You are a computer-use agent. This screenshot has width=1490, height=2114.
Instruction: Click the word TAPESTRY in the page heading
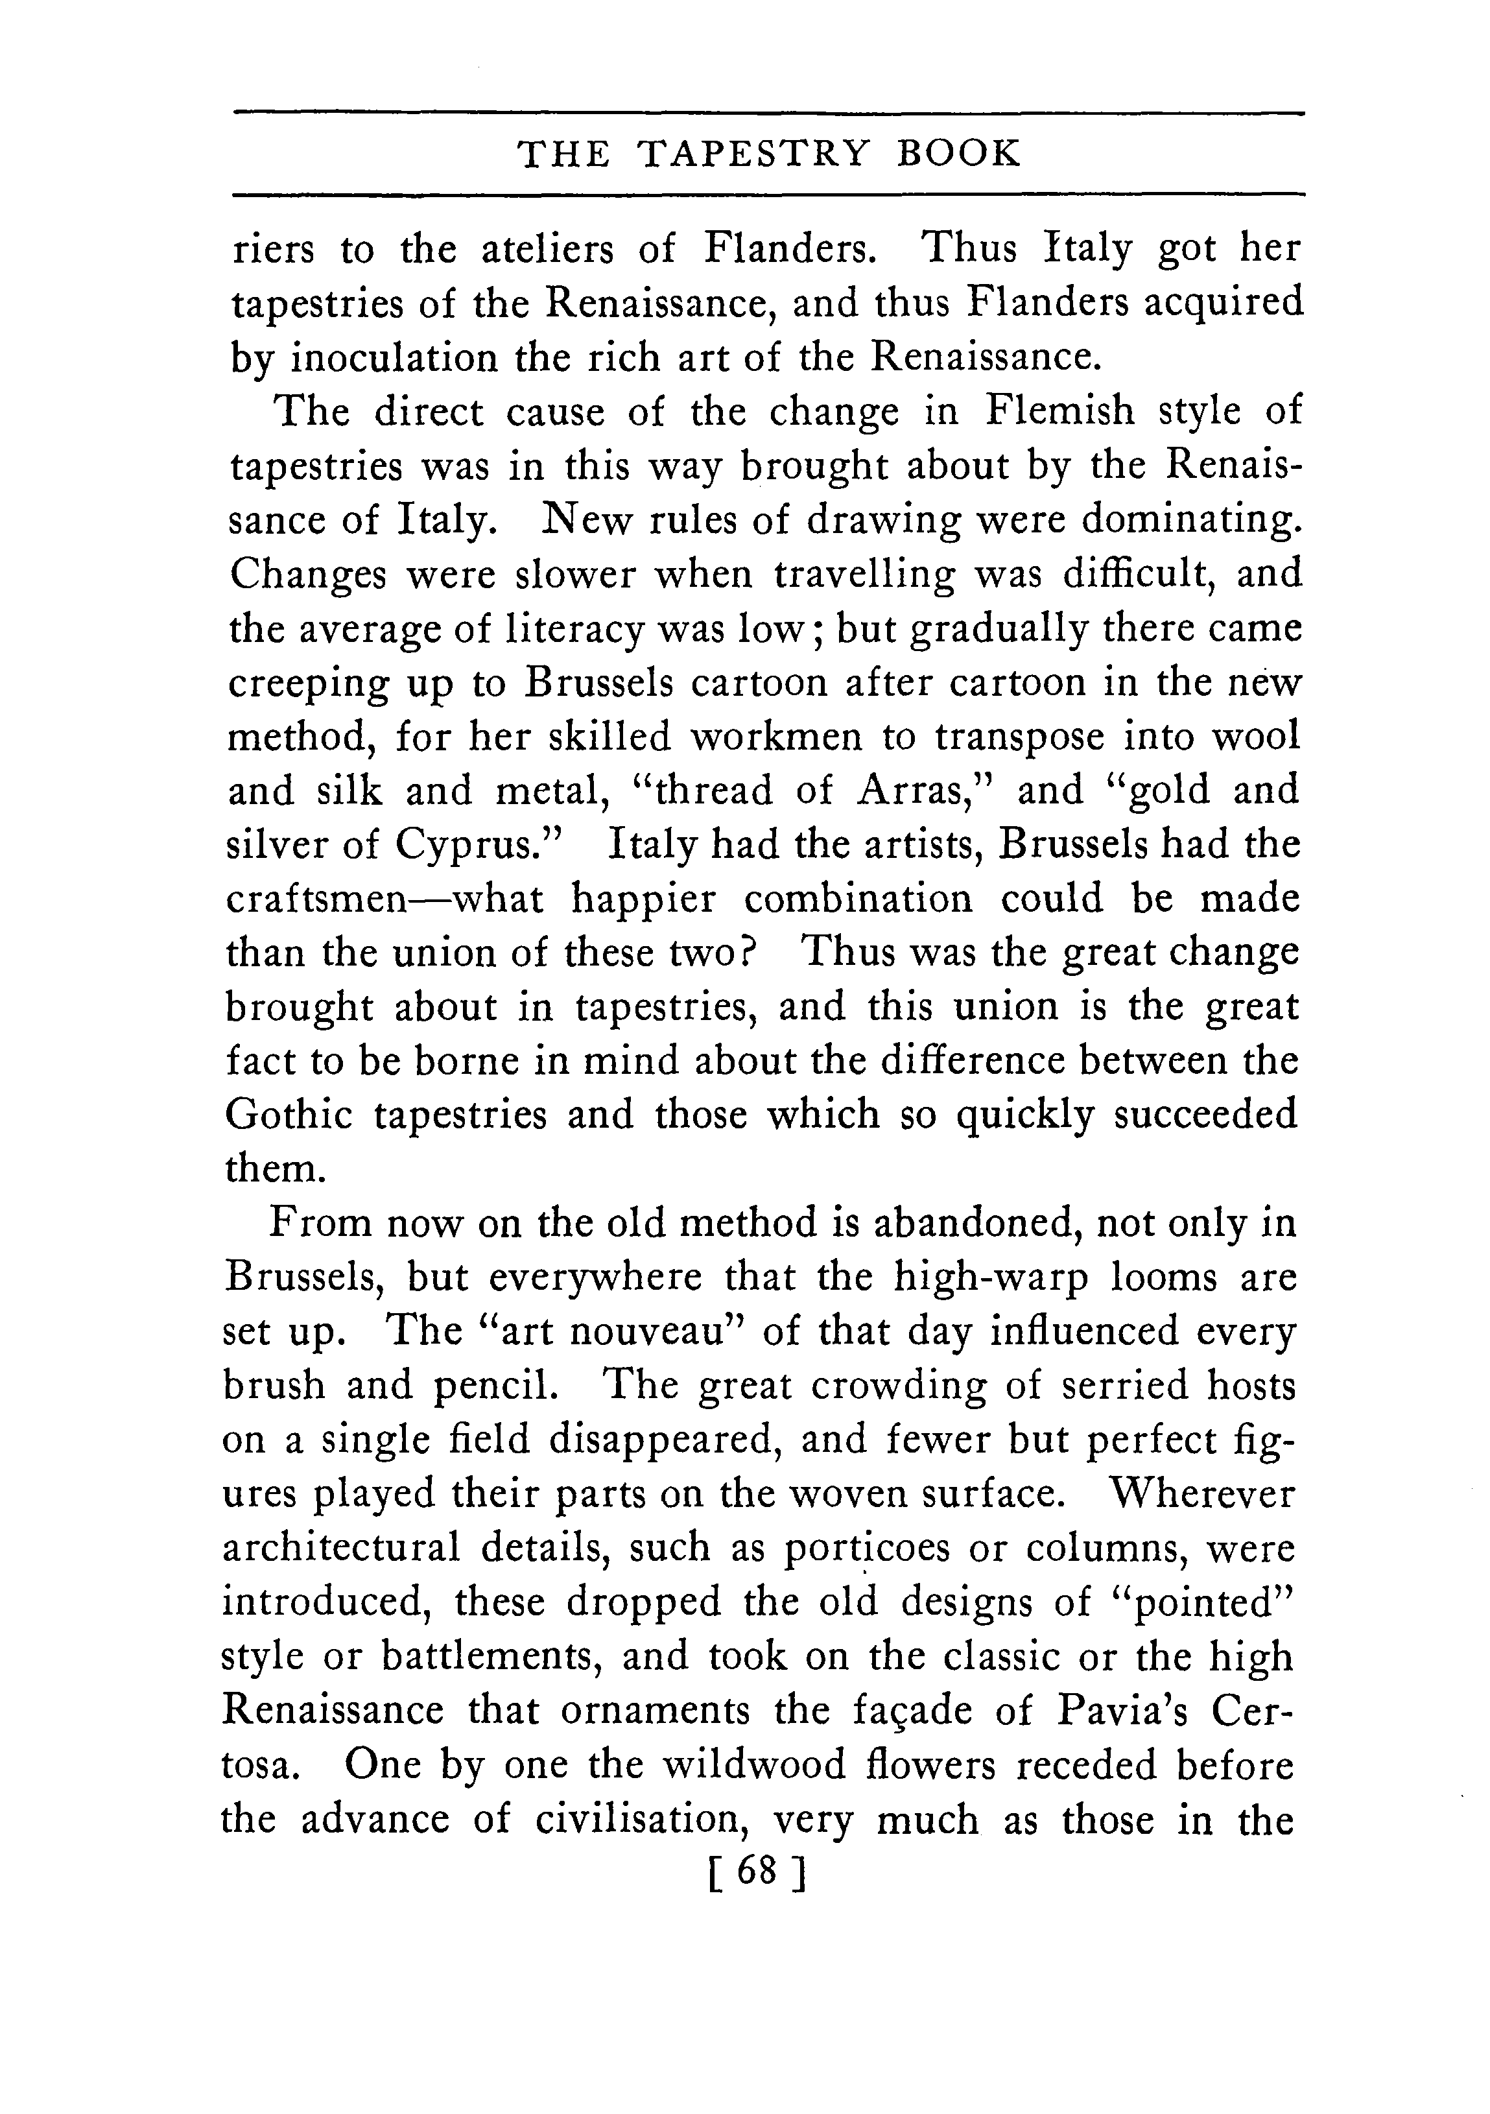click(x=752, y=154)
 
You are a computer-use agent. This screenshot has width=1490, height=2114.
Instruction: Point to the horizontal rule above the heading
click(x=770, y=114)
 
